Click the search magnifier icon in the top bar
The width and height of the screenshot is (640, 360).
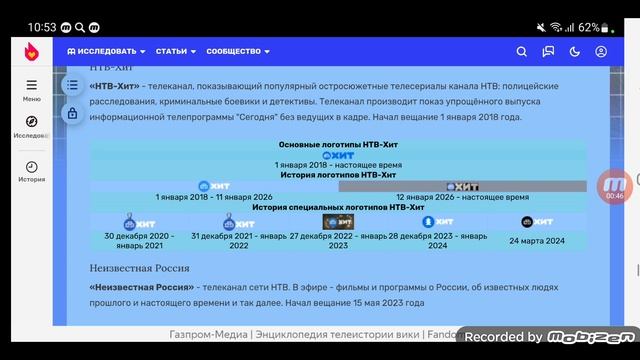point(521,51)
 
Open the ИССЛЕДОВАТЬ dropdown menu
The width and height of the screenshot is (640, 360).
point(105,51)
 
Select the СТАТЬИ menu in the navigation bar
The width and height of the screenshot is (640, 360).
point(175,51)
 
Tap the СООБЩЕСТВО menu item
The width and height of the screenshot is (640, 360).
point(238,51)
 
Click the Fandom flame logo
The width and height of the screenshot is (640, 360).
point(31,51)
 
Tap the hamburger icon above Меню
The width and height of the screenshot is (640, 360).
point(31,86)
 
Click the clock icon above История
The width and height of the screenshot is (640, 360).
point(31,167)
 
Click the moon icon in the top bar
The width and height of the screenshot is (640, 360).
point(575,51)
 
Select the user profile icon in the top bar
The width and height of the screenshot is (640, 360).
point(601,51)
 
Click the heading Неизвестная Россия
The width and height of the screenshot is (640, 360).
point(139,268)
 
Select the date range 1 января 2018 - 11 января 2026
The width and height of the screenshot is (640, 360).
point(214,197)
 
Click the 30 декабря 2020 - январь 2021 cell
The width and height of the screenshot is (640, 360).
point(138,241)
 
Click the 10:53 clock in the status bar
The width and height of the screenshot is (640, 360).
point(41,27)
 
